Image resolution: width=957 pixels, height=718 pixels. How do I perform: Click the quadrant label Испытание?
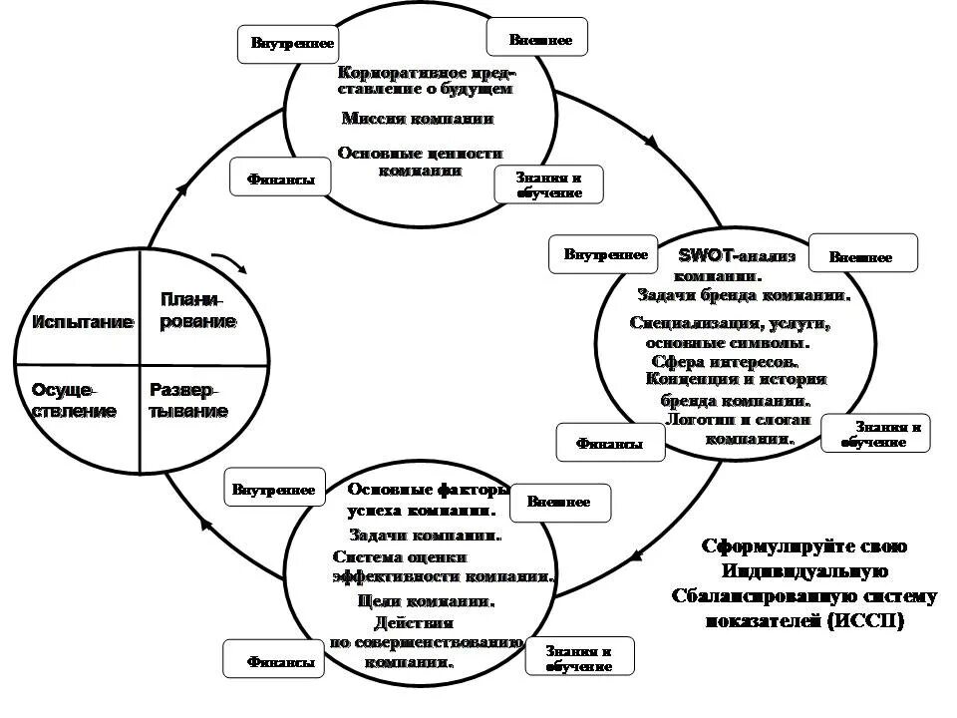click(x=83, y=322)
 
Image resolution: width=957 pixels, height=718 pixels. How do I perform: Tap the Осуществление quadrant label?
click(x=74, y=400)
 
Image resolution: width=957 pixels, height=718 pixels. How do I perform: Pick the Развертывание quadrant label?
click(x=188, y=400)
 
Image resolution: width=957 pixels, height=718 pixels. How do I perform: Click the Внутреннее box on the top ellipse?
click(x=288, y=44)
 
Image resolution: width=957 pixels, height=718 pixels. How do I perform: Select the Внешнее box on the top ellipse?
click(x=538, y=39)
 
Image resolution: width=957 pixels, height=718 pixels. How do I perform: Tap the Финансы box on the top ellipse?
click(x=280, y=179)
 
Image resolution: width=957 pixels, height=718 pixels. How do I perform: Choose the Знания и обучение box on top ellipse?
click(x=549, y=184)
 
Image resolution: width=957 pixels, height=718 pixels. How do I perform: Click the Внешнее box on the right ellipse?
click(x=862, y=254)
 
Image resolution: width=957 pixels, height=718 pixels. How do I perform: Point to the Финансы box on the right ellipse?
click(x=610, y=443)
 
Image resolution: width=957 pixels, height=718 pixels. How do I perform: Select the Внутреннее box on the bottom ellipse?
click(x=274, y=489)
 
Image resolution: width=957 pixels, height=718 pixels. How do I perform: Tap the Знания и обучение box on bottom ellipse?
click(x=578, y=657)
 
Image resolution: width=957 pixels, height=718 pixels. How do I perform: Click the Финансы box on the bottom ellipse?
click(x=274, y=660)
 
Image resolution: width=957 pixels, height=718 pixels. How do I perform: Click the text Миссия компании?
click(x=418, y=118)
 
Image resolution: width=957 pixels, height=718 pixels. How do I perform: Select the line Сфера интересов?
click(x=725, y=361)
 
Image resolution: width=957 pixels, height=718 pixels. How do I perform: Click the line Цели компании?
click(x=426, y=601)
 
